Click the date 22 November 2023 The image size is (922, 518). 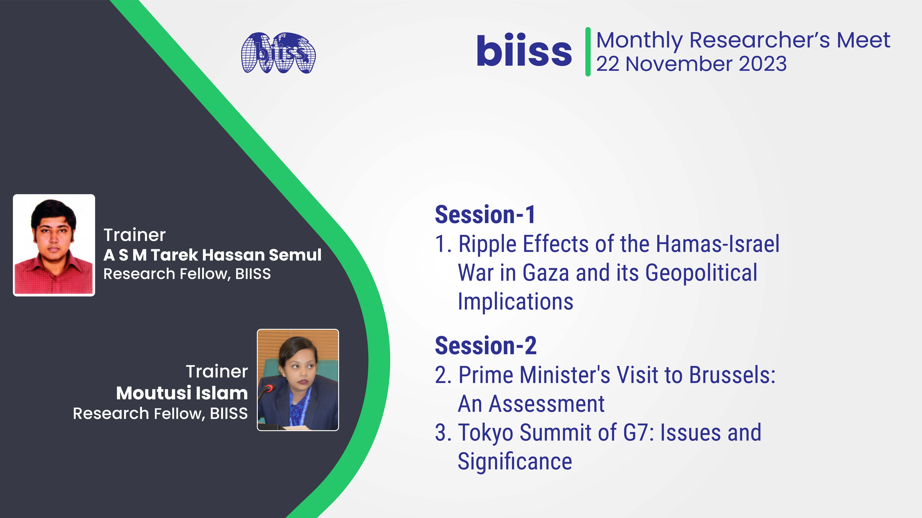(691, 64)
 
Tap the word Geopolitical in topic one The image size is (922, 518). (701, 273)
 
